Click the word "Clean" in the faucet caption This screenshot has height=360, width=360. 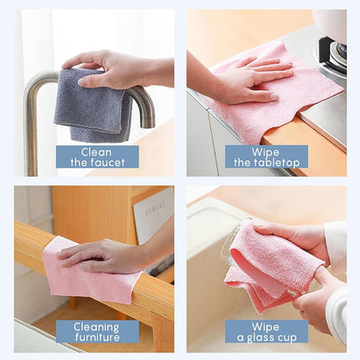(x=96, y=152)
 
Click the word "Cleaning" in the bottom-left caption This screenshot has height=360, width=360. (x=96, y=327)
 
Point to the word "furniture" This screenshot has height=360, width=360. (x=98, y=337)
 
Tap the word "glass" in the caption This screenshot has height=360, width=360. (x=260, y=338)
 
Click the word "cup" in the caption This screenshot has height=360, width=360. (x=286, y=338)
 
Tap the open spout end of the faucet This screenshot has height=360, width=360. (x=147, y=123)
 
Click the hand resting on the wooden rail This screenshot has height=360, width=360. (x=110, y=255)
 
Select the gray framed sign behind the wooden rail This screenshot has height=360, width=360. (x=153, y=219)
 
